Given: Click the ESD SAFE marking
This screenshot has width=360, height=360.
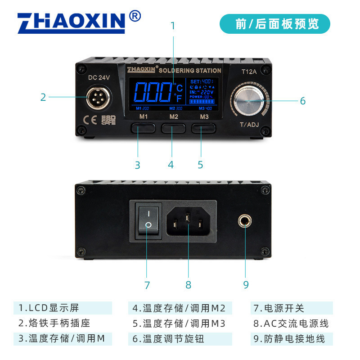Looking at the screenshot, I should [108, 119].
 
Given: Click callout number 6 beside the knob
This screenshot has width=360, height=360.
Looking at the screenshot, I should [302, 101].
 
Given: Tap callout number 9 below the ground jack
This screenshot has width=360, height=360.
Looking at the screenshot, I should [246, 284].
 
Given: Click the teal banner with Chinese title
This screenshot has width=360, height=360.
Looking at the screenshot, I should [274, 24].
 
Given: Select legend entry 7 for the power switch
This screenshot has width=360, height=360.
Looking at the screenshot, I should [279, 308].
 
